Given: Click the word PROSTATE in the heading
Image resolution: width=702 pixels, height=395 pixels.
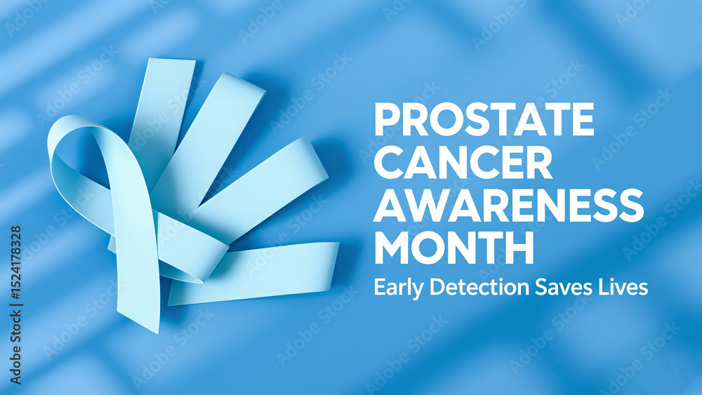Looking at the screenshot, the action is click(x=484, y=119).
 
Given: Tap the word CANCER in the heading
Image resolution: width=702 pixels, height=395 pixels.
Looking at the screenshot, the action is click(x=463, y=162).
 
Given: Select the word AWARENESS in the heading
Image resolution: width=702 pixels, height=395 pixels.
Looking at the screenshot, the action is click(x=508, y=205).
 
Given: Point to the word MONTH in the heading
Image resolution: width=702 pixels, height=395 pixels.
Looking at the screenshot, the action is click(x=454, y=248).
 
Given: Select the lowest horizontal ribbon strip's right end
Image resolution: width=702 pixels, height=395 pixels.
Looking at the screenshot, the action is click(x=337, y=264).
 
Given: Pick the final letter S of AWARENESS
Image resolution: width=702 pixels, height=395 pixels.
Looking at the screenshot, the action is click(x=630, y=205).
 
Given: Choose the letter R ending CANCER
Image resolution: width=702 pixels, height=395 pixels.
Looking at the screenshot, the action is click(x=538, y=162).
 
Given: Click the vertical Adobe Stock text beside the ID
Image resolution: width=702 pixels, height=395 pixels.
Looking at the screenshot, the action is click(x=15, y=347).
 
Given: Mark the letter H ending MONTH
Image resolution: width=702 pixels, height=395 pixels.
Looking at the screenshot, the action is click(x=519, y=248).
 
